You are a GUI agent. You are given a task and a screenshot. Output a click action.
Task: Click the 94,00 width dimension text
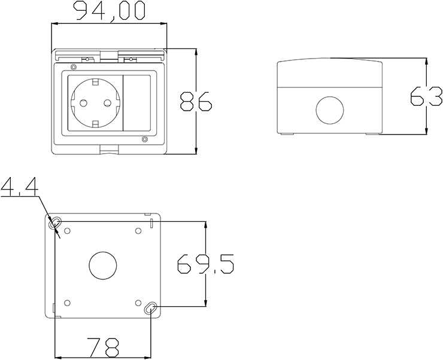pyautogui.click(x=110, y=11)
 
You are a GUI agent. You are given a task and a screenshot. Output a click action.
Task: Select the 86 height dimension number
pyautogui.click(x=196, y=101)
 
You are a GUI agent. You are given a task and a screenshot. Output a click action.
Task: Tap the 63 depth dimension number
pyautogui.click(x=426, y=96)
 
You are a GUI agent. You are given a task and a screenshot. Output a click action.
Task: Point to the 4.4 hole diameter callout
pyautogui.click(x=19, y=187)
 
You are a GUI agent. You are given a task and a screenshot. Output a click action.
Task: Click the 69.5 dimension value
pyautogui.click(x=205, y=264)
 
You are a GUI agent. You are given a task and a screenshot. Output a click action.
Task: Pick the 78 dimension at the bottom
pyautogui.click(x=103, y=347)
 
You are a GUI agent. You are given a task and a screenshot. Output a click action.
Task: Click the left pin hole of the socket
pyautogui.click(x=83, y=103)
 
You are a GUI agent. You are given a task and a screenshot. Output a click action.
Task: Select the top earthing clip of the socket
pyautogui.click(x=96, y=83)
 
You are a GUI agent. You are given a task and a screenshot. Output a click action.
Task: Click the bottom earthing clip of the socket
pyautogui.click(x=96, y=124)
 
